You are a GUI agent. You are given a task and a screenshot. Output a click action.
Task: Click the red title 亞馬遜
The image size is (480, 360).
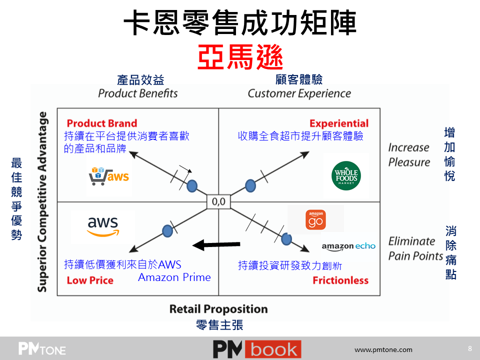(240, 57)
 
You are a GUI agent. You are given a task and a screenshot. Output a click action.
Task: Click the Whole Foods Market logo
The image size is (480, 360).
(346, 173)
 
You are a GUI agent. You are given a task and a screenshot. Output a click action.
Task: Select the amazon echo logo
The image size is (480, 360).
(348, 246)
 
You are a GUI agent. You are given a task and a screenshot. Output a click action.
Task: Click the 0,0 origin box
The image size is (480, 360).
(218, 201)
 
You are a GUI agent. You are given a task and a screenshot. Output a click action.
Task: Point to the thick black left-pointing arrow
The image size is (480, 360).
(216, 244)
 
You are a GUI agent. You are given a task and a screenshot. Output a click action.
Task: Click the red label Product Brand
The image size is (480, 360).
(101, 123)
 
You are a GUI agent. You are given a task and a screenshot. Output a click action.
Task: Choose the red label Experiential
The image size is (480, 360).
(338, 123)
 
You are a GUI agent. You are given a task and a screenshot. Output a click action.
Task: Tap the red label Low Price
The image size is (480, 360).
(90, 280)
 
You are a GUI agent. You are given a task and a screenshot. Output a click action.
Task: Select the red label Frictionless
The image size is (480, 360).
(340, 280)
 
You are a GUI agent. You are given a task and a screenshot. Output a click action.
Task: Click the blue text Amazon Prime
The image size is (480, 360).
(174, 277)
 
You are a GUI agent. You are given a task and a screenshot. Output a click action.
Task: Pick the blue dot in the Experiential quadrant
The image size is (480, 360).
(250, 186)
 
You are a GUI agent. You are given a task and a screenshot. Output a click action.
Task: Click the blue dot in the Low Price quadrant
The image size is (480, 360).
(167, 230)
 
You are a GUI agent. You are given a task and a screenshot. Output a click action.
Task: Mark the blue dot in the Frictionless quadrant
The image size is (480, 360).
(286, 239)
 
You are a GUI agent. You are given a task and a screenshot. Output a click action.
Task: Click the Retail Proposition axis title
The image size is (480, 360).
(218, 309)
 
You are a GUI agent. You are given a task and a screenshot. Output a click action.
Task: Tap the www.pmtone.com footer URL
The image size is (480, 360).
(383, 349)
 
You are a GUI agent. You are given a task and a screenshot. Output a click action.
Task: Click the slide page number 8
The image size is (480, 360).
(469, 348)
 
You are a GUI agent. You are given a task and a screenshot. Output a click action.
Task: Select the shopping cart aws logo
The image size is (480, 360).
(109, 175)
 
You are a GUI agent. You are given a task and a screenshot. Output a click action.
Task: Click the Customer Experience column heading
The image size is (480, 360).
(299, 93)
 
